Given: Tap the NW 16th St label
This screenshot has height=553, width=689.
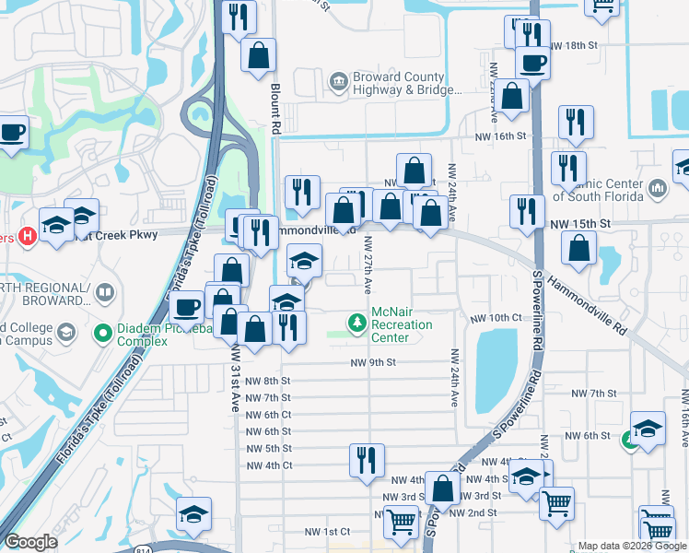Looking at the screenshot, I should (x=500, y=135).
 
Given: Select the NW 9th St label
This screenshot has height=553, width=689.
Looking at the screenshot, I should (x=372, y=363).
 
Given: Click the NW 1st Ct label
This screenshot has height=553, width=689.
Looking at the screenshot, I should (x=327, y=532).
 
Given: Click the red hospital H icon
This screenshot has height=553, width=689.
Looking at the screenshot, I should (x=28, y=237).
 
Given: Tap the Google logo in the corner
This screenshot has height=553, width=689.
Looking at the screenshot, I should (x=30, y=542).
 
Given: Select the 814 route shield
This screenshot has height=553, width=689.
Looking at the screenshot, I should (x=174, y=549).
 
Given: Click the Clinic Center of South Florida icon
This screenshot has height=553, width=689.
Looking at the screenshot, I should (x=657, y=189).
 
